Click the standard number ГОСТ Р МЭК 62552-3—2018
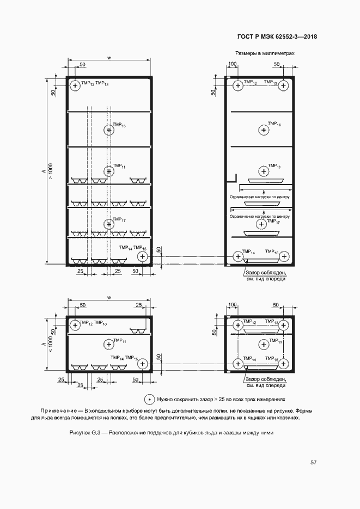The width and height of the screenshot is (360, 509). click(278, 37)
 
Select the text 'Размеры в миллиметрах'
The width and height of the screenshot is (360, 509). click(265, 54)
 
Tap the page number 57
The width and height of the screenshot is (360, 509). click(314, 463)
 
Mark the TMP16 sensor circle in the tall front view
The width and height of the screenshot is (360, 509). click(109, 130)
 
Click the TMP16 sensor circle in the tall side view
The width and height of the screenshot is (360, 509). click(264, 130)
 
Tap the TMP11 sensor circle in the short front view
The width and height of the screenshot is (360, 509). click(109, 344)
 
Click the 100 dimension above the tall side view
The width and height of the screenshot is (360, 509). click(233, 65)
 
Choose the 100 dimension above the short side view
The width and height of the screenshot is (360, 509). click(233, 305)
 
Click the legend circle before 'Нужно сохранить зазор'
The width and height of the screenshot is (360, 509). click(149, 398)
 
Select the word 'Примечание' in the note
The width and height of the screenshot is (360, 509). click(58, 410)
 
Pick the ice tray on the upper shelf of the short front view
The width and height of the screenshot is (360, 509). click(137, 330)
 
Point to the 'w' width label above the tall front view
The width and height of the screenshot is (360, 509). click(109, 57)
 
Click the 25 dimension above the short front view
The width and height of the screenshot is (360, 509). click(139, 305)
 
